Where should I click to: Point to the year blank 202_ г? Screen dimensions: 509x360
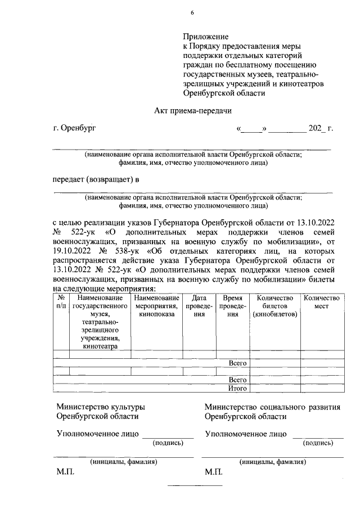point(321,128)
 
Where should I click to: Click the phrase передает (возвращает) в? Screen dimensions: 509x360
point(96,179)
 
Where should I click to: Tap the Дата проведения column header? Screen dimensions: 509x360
point(199,306)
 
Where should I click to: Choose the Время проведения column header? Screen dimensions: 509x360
point(232,306)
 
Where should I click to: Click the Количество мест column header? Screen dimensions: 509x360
point(322,301)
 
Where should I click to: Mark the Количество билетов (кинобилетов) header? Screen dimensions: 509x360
point(274,306)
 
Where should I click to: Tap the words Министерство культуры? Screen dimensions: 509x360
point(101,407)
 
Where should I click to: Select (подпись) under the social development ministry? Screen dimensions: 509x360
point(318,443)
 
